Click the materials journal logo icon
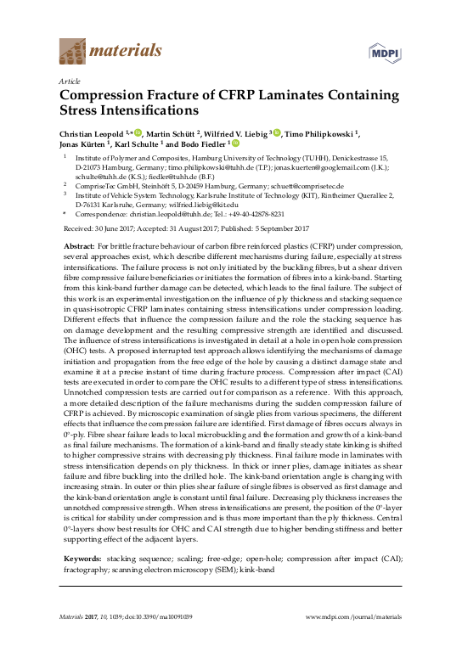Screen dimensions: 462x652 coord(71,52)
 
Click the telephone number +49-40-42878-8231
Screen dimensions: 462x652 coord(254,216)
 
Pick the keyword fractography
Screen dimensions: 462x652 coord(91,571)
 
